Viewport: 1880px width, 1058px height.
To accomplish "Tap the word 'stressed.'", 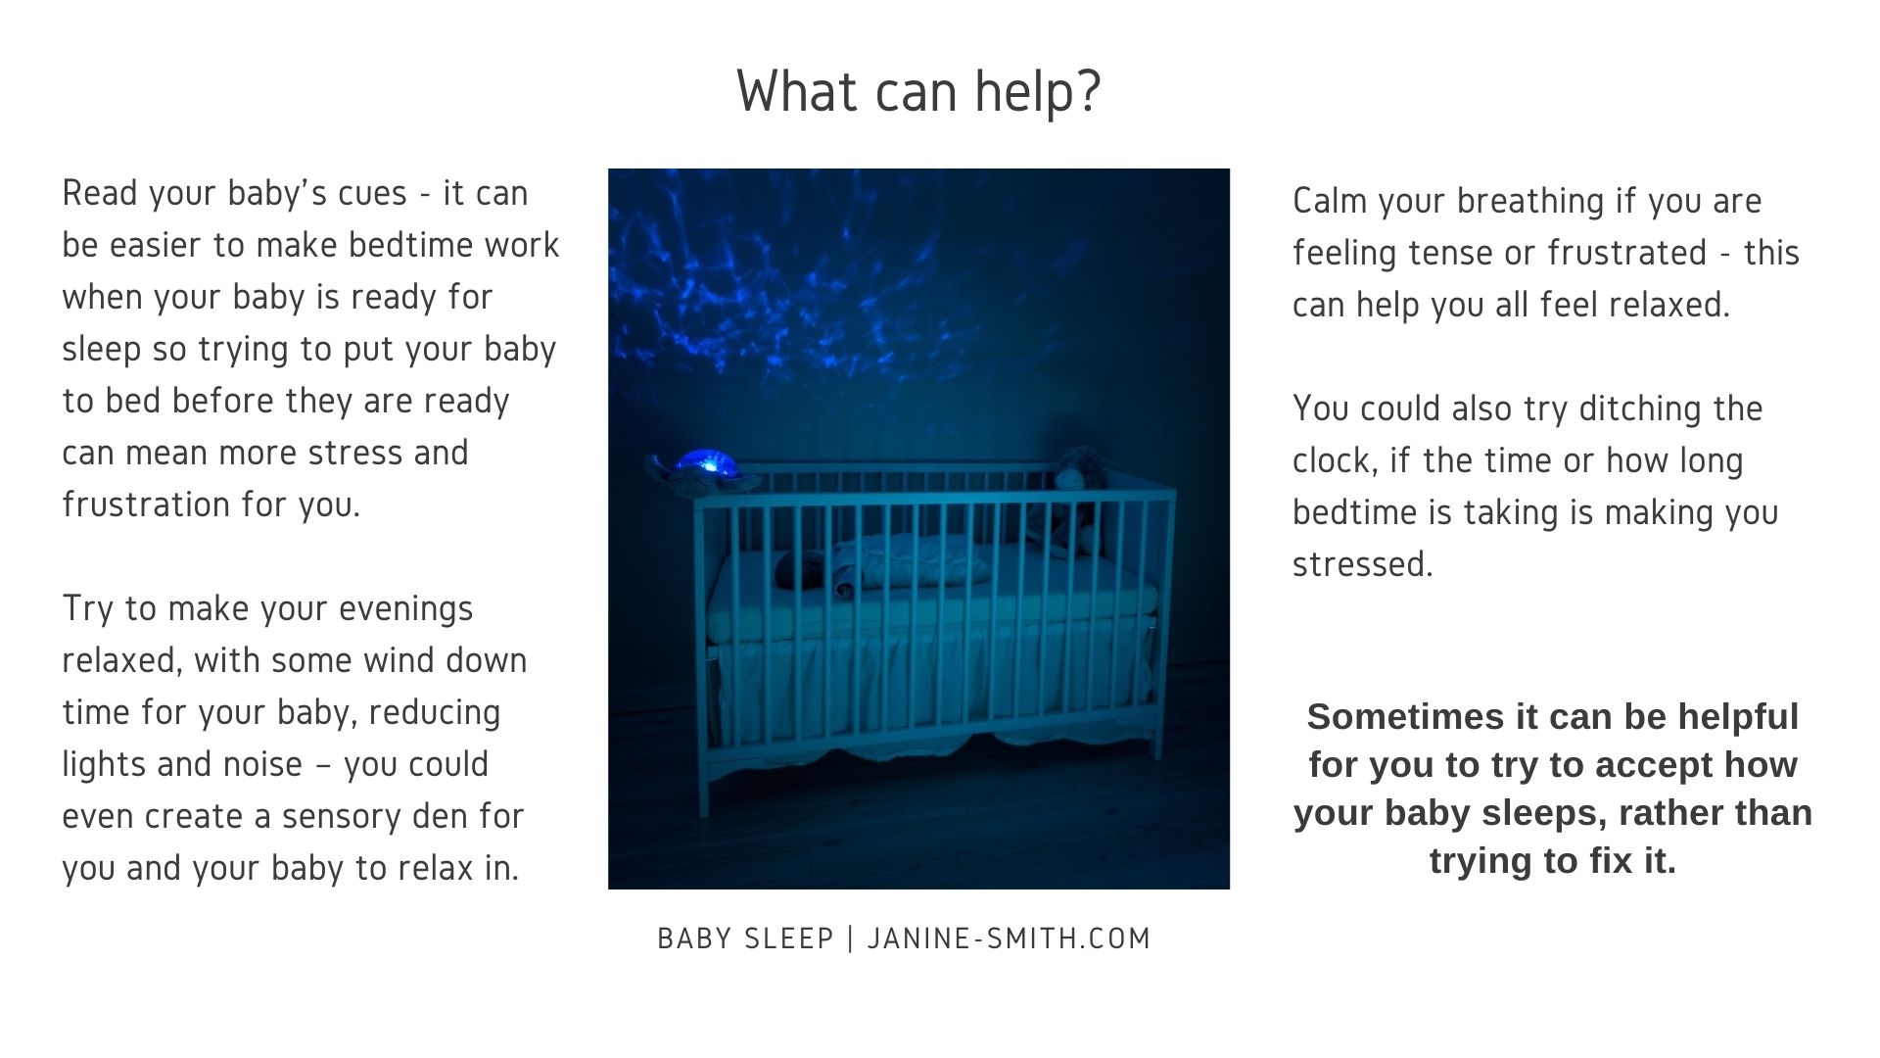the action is [1363, 565].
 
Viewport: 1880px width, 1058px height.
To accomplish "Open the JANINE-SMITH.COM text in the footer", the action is [1010, 938].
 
